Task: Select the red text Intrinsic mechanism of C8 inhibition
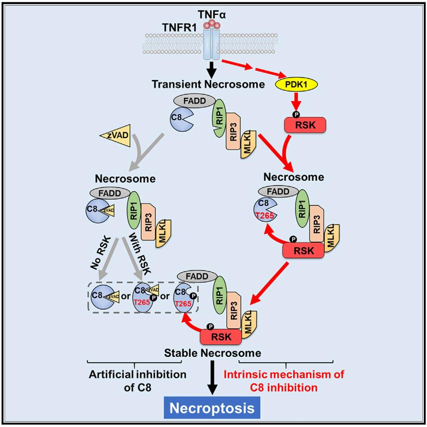click(x=284, y=381)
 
